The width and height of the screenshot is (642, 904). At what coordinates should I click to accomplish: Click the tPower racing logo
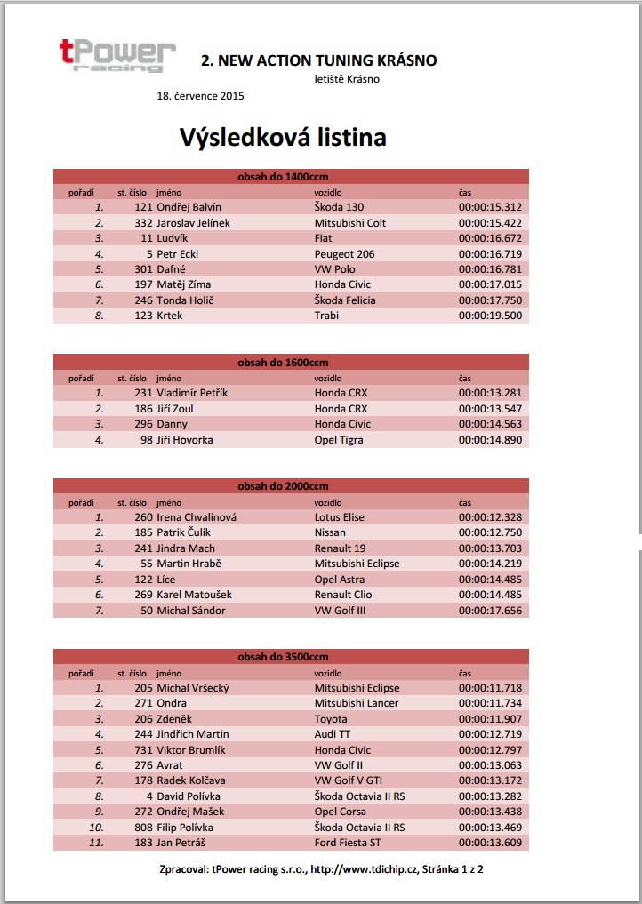(116, 55)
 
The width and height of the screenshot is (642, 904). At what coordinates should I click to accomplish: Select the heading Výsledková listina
(283, 138)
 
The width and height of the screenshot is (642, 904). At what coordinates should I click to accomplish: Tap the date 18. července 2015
(200, 96)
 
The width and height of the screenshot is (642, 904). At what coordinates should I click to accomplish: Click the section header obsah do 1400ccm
(291, 176)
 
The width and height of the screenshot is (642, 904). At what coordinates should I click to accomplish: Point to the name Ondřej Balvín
(189, 207)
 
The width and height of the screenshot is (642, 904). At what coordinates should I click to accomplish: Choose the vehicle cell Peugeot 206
(344, 254)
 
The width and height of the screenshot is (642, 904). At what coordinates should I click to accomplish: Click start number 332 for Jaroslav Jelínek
(144, 223)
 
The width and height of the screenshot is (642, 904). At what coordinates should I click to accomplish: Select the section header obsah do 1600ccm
(291, 362)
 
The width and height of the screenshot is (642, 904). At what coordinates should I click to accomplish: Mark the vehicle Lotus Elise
(340, 517)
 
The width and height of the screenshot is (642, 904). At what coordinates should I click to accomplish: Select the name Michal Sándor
(191, 611)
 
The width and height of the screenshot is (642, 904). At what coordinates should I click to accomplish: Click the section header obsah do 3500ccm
(291, 657)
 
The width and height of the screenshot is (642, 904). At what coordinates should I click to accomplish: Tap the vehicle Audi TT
(334, 734)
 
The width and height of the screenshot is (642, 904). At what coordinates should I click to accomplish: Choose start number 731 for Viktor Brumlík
(144, 749)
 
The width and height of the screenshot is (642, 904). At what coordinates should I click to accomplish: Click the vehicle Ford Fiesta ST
(349, 843)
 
